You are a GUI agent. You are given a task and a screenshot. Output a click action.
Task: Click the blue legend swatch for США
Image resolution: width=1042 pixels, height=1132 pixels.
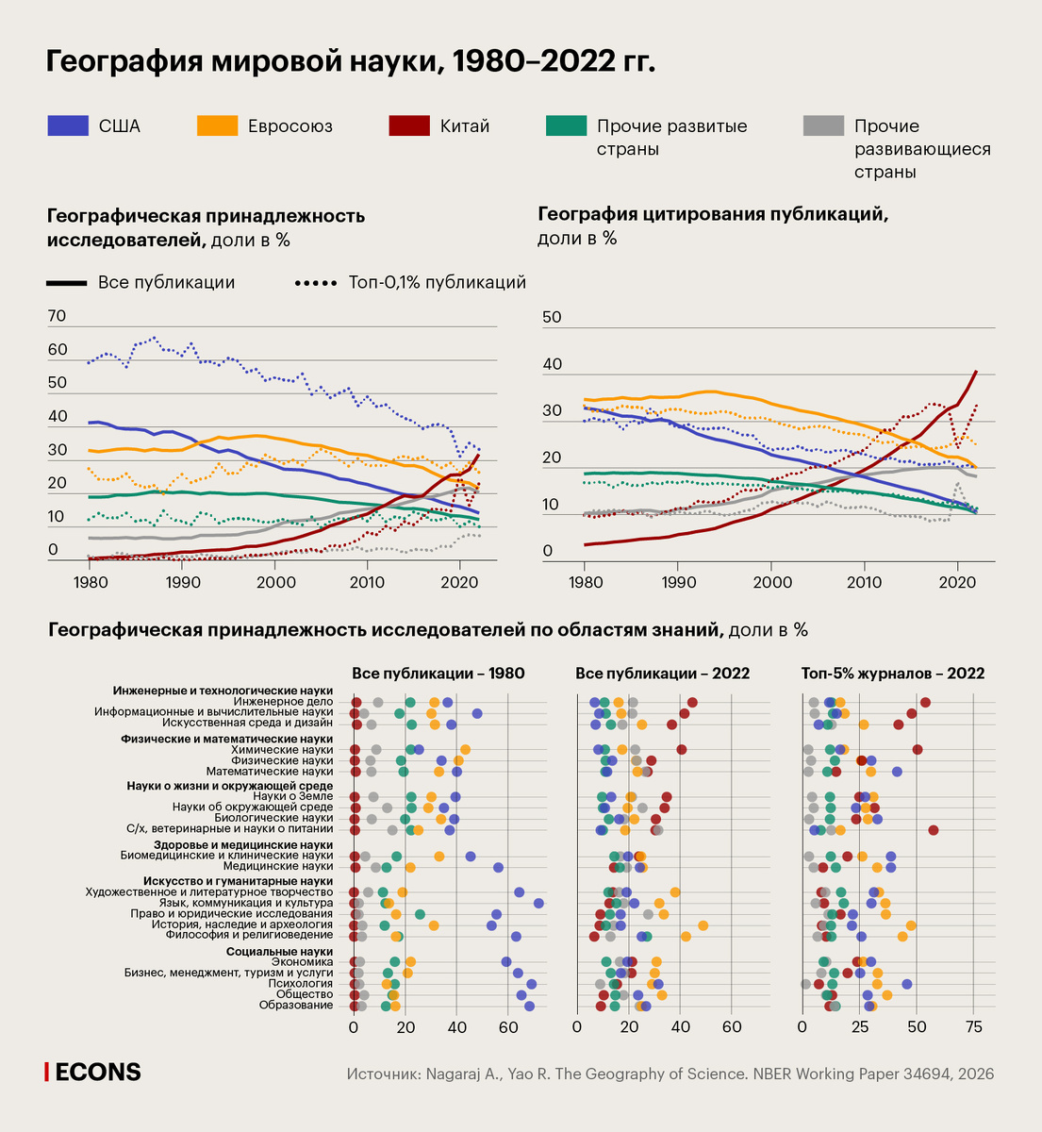[68, 125]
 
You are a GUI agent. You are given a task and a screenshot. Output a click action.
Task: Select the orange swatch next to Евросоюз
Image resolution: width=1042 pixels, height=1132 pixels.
[217, 125]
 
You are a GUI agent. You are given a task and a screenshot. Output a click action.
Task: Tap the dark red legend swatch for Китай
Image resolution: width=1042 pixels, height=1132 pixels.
[408, 125]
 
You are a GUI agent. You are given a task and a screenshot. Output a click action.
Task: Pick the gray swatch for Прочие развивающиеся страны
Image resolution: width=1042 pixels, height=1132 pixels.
[822, 125]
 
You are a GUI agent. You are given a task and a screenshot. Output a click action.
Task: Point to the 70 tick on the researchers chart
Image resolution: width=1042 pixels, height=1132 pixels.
[57, 316]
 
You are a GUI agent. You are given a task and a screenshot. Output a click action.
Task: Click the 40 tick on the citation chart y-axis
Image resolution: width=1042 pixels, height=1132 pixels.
[553, 364]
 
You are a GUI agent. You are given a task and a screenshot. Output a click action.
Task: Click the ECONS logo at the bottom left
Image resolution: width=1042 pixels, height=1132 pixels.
[93, 1072]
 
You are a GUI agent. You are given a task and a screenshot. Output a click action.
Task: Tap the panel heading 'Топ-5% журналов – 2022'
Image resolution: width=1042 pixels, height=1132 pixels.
[892, 674]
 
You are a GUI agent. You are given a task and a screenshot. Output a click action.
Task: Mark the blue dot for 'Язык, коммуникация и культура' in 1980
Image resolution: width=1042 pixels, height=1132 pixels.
[538, 904]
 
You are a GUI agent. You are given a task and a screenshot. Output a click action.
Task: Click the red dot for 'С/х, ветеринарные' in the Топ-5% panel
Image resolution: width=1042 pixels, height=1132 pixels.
[934, 830]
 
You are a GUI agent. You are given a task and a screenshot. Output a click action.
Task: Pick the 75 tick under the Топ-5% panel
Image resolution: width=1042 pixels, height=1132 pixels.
[974, 1026]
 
